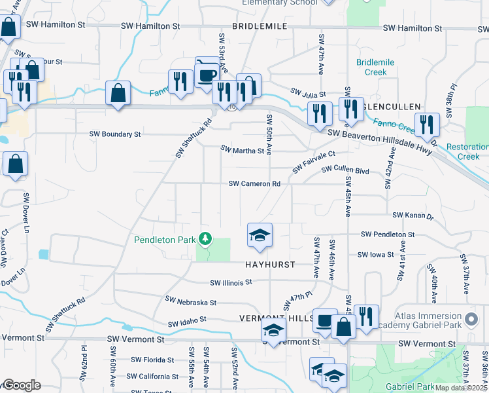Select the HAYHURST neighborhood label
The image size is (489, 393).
[x=270, y=265]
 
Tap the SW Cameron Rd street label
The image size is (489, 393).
[x=254, y=184]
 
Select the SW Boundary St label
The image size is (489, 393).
[x=115, y=134]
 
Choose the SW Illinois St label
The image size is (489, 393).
[x=231, y=283]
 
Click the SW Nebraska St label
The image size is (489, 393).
[x=191, y=302]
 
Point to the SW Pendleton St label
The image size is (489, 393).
[x=388, y=234]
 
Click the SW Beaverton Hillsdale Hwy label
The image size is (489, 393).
[x=380, y=134]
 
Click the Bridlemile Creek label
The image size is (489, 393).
[x=375, y=67]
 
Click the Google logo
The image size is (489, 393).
[x=21, y=385]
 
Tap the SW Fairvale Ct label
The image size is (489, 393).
[x=314, y=161]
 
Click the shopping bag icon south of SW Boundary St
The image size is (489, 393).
[x=15, y=164]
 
